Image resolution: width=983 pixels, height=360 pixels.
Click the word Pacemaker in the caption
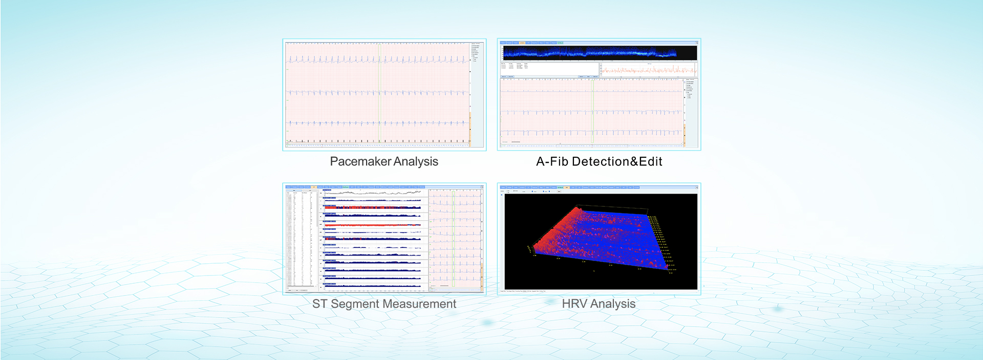(360, 161)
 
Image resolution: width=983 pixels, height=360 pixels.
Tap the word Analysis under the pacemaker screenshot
(415, 161)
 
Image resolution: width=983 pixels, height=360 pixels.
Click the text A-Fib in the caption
(552, 161)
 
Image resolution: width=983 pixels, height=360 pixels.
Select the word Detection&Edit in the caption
(617, 161)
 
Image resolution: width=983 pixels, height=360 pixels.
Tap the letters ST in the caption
(319, 304)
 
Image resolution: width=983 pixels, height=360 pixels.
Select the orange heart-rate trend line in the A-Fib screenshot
(648, 70)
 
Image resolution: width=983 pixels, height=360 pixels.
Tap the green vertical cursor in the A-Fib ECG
(592, 110)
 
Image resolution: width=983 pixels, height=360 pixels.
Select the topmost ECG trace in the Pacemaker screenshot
(377, 60)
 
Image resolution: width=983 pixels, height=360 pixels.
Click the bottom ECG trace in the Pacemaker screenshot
(377, 123)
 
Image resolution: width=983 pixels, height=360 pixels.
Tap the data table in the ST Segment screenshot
(302, 238)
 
